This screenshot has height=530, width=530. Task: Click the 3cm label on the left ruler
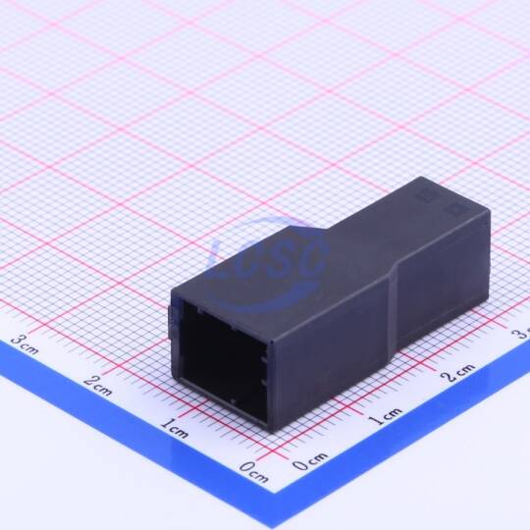pyautogui.click(x=25, y=344)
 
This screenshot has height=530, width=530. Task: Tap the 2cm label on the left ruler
pyautogui.click(x=98, y=386)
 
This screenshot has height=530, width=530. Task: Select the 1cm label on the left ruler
pyautogui.click(x=175, y=429)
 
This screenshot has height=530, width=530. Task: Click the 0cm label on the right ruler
pyautogui.click(x=310, y=461)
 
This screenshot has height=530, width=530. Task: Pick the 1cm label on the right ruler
pyautogui.click(x=386, y=416)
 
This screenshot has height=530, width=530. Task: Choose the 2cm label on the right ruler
pyautogui.click(x=458, y=373)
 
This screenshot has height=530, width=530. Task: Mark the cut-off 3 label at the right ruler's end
pyautogui.click(x=521, y=334)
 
